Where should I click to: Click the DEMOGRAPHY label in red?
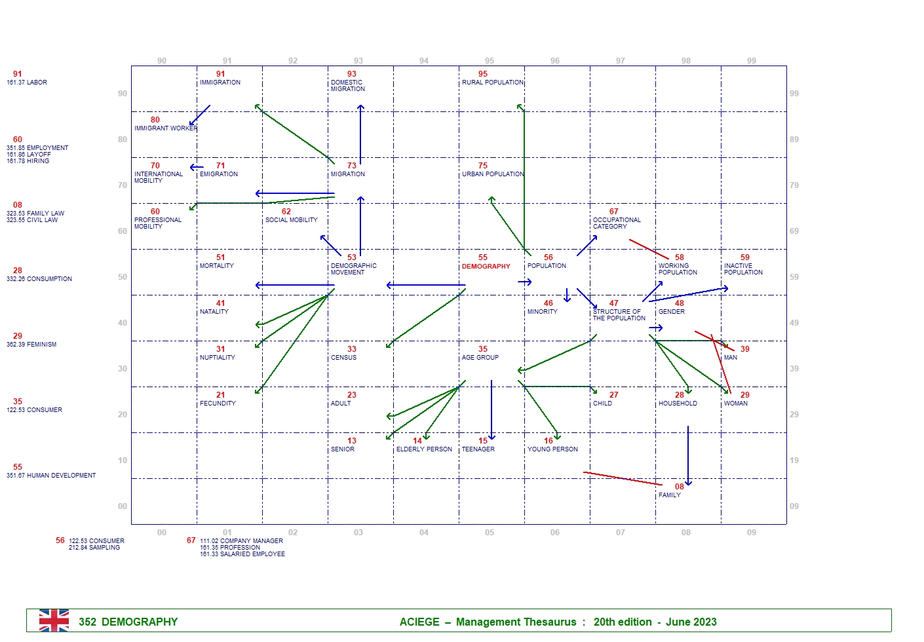coord(486,267)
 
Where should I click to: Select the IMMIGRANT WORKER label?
coord(165,128)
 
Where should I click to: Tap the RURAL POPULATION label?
coord(492,83)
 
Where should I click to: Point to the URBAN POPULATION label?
coord(492,174)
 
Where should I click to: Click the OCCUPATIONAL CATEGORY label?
coord(617,223)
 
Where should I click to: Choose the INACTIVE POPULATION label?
coord(743,269)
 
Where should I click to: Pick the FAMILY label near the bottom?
coord(669,495)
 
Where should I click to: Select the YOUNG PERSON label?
coord(552,449)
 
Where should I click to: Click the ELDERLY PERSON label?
coord(424,449)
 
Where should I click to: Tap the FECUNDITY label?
coord(218,404)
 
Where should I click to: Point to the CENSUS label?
coord(343,358)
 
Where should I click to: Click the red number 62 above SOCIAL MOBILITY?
coord(286,212)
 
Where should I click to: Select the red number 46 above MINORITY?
coord(549,303)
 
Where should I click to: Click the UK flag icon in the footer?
coord(54,620)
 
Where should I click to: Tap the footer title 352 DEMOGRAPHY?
coord(128,622)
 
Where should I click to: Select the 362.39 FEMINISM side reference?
coord(31,345)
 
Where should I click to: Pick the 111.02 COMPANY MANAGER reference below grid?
coord(241,541)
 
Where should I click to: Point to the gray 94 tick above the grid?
coord(424,61)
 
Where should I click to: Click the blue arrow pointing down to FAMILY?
coord(688,455)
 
